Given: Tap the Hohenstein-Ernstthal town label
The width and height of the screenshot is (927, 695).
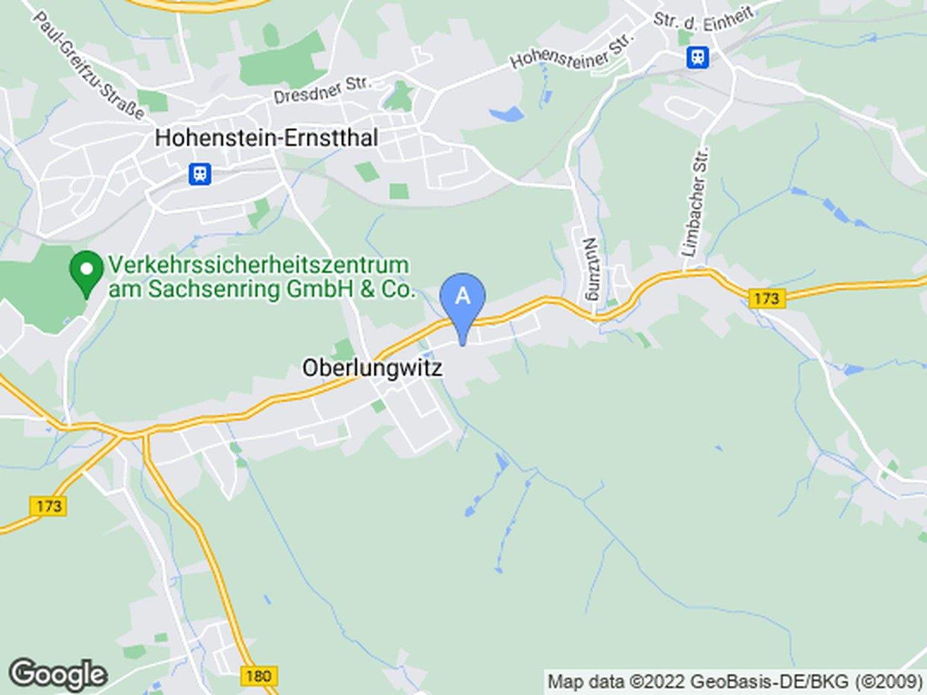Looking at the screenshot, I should [x=267, y=138].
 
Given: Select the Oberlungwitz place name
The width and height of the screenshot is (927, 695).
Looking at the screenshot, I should [x=372, y=368].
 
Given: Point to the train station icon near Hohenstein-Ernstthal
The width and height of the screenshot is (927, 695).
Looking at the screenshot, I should [x=200, y=173].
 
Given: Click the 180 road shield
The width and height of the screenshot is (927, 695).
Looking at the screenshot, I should [x=258, y=676].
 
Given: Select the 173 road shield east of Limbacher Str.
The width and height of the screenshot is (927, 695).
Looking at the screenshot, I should [x=765, y=298].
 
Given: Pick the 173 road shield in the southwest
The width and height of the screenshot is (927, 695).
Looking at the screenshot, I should [x=48, y=506].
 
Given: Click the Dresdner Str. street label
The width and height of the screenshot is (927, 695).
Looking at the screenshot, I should [x=322, y=90].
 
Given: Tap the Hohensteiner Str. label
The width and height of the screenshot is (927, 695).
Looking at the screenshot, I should [x=572, y=51].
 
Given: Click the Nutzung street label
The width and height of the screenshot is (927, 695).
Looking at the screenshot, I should [x=590, y=269].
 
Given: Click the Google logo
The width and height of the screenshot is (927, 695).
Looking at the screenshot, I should [x=58, y=674].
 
